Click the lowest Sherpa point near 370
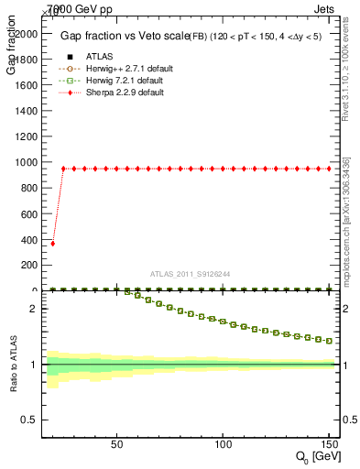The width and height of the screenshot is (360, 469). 52,244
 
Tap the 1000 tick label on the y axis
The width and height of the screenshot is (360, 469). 25,162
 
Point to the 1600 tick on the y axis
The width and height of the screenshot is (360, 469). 25,84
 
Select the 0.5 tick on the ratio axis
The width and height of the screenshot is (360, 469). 30,420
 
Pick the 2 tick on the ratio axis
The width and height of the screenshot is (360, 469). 35,309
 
